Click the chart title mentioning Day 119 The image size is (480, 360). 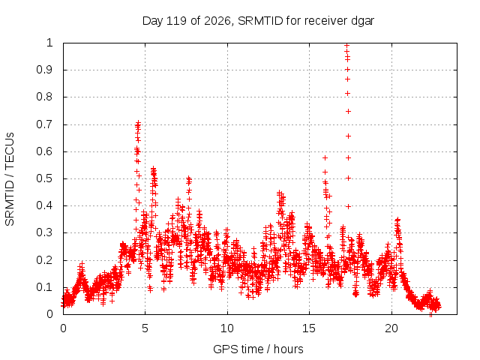[x=258, y=21]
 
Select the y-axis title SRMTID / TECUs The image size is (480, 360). [x=10, y=179]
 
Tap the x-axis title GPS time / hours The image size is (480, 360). [x=258, y=349]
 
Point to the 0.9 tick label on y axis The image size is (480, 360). [x=45, y=70]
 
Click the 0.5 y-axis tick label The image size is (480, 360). [x=45, y=178]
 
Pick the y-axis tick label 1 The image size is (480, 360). [x=49, y=43]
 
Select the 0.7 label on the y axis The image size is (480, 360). [x=45, y=124]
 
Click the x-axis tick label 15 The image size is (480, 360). [x=309, y=328]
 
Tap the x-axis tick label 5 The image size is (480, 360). [x=145, y=328]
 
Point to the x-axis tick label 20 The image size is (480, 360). [x=391, y=328]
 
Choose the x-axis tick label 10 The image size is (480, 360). [x=227, y=328]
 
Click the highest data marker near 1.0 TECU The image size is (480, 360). [x=346, y=46]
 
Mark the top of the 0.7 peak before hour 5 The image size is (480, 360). [x=138, y=123]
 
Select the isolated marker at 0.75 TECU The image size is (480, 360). [x=348, y=112]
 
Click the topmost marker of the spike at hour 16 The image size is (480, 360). [x=325, y=157]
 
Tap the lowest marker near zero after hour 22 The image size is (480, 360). [x=430, y=314]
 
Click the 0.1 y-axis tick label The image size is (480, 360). [x=45, y=287]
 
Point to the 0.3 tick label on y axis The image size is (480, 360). [x=45, y=232]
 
